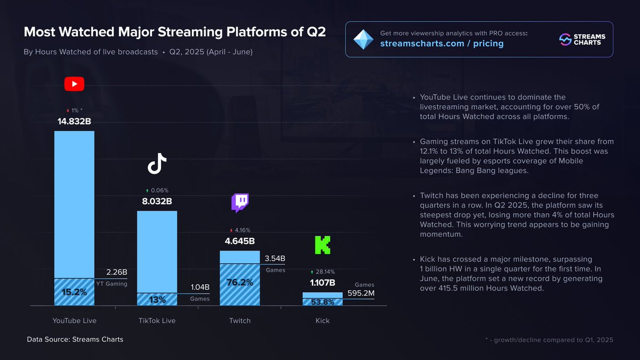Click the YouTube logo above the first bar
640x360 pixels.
click(74, 84)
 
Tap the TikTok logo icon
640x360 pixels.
click(157, 164)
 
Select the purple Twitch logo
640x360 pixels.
click(239, 203)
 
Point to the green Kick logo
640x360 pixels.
click(322, 245)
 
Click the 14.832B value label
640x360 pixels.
click(74, 122)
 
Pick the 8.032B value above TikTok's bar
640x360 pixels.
click(157, 202)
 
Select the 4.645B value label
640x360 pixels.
click(239, 241)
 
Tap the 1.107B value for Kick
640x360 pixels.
click(322, 283)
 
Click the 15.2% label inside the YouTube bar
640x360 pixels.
click(74, 292)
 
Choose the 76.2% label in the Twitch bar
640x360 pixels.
click(239, 283)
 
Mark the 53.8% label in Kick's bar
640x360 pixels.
click(322, 302)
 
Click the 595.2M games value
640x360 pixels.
click(360, 293)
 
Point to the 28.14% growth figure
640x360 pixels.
click(325, 272)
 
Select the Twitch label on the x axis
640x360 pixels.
click(239, 321)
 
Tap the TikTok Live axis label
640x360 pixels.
click(157, 321)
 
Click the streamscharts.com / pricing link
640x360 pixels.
click(442, 43)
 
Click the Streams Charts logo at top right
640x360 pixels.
click(582, 39)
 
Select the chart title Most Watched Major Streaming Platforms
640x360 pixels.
click(175, 32)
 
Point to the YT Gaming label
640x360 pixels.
click(111, 284)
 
